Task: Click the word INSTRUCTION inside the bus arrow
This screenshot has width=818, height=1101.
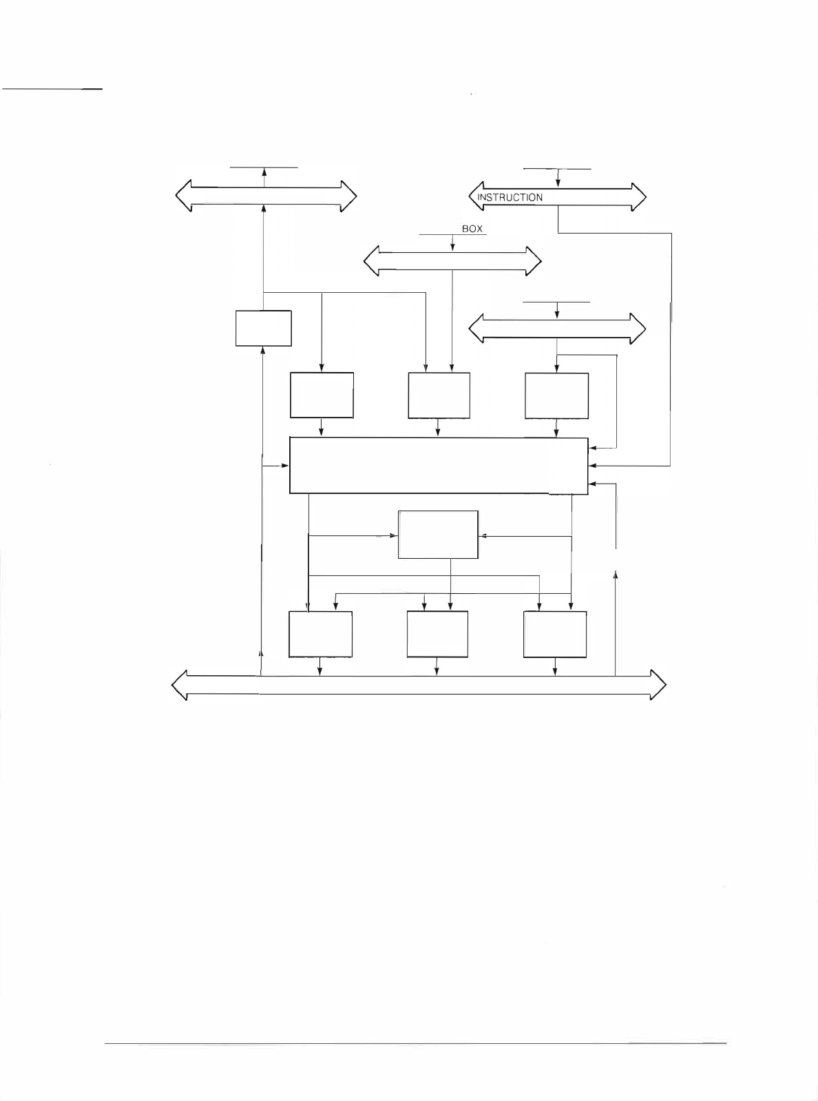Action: coord(510,197)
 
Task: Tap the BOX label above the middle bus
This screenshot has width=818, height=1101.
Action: coord(472,229)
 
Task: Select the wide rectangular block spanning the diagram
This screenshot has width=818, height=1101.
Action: coord(439,465)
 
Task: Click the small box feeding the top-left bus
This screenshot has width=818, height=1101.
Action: coord(263,328)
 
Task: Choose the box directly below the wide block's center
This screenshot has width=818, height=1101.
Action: coord(438,534)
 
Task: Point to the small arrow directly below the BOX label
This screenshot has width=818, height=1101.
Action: coord(452,244)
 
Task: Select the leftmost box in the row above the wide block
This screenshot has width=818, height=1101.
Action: coord(322,395)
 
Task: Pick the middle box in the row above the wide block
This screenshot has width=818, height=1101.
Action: coord(439,395)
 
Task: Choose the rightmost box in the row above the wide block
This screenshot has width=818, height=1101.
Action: coord(556,395)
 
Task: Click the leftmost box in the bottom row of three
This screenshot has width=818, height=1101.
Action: coord(320,634)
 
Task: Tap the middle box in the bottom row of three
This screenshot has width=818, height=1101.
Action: coord(437,634)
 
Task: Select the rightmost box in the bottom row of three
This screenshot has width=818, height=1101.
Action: coord(555,634)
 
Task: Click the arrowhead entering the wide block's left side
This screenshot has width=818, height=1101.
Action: coord(285,466)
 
